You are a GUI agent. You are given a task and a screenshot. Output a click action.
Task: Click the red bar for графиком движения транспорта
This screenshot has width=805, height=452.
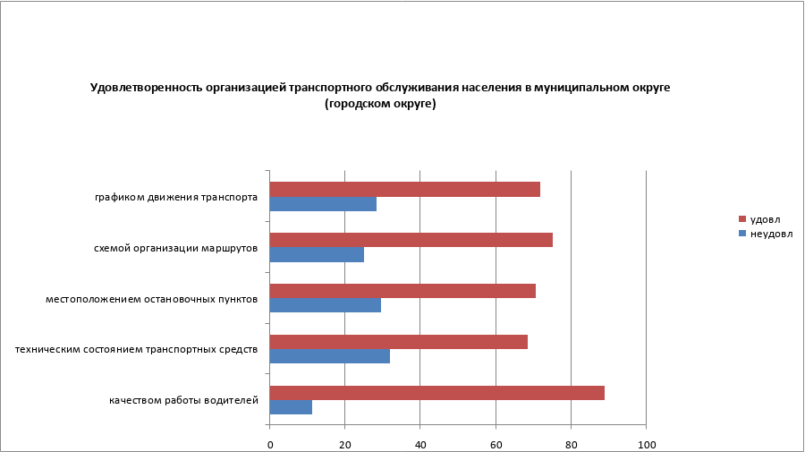coord(404,189)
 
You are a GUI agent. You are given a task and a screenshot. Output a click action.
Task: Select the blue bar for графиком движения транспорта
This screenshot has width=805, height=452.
coord(323,204)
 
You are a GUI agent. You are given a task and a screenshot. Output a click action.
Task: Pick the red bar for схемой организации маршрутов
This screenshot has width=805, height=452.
coord(411,240)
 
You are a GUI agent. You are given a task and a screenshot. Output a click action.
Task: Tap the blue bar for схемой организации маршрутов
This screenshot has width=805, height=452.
coord(317,255)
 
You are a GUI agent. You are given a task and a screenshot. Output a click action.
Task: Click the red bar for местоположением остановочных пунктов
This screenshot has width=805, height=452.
coord(402,291)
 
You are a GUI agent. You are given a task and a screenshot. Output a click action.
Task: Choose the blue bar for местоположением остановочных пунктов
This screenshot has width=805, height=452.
coord(326,305)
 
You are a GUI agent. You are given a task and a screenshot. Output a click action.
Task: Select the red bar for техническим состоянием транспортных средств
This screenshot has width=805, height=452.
coord(398,342)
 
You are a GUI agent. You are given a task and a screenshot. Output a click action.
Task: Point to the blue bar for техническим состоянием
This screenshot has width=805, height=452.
coord(330,356)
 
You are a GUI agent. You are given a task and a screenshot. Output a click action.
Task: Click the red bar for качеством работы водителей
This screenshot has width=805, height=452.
coord(436,393)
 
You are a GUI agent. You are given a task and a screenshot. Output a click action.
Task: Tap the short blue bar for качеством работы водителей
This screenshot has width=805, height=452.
coord(291,407)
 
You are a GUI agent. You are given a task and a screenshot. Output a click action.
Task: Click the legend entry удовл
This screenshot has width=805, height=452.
coord(764,219)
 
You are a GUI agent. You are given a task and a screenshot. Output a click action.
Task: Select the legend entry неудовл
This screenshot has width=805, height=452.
coord(769,234)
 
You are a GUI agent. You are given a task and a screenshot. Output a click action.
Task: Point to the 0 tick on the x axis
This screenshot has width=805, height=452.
coord(270,444)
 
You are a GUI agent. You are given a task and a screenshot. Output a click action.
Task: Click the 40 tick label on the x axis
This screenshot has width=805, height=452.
coord(420,444)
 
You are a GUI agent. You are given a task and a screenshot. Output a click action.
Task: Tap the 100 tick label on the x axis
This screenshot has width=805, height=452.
coord(646,444)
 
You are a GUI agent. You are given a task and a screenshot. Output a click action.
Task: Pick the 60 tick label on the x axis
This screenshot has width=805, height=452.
coord(496,444)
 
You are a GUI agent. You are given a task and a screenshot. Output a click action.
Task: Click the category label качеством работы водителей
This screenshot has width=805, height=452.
coord(184,400)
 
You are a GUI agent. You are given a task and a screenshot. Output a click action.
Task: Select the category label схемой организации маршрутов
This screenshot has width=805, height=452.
coord(176,248)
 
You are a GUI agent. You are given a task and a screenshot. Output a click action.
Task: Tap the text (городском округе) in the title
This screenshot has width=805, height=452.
coord(380,104)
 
